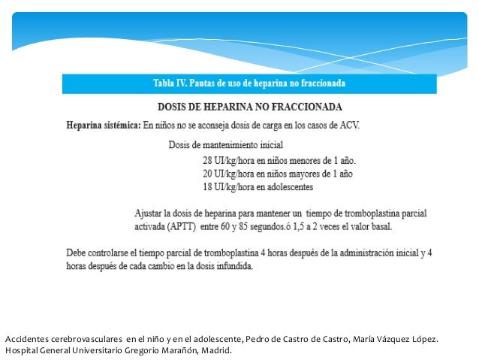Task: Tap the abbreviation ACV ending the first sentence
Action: click(x=348, y=125)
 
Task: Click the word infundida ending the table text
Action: click(x=233, y=266)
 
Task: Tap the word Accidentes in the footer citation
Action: click(x=28, y=339)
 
